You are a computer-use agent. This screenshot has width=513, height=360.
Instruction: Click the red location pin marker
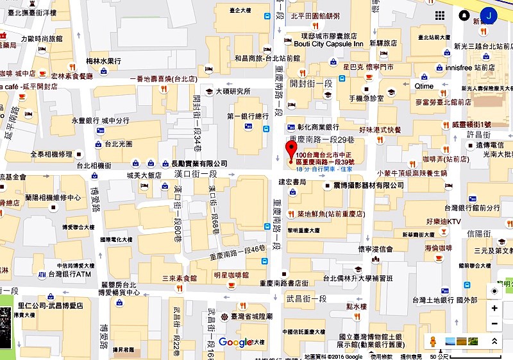290,152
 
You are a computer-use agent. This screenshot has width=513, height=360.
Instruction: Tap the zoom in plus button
494,308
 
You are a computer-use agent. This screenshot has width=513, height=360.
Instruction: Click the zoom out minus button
494,323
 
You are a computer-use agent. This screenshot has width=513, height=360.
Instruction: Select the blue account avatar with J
489,15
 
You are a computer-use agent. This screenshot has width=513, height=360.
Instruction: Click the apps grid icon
441,15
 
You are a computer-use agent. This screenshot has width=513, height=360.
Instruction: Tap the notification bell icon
464,15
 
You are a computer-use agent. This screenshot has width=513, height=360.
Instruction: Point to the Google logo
235,342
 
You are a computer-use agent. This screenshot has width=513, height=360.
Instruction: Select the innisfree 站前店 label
470,67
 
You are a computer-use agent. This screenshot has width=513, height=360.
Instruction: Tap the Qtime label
424,86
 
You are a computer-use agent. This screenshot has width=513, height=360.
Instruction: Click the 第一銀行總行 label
248,116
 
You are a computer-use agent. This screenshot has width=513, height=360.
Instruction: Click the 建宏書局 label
293,183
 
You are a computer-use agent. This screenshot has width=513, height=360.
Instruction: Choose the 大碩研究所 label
232,91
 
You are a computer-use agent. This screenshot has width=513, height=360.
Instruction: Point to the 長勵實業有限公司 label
199,164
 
